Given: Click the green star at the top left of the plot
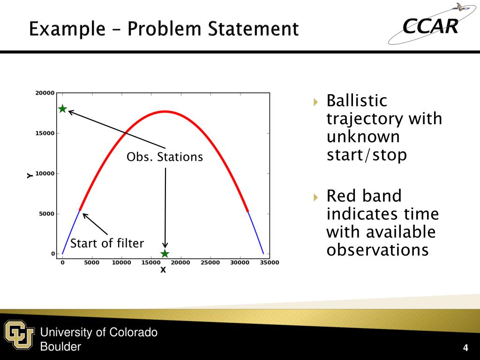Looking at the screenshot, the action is [62, 109].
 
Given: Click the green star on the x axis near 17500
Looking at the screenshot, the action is [165, 254].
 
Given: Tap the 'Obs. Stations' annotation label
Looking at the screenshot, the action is [165, 157].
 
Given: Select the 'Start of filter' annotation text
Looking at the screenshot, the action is [107, 243].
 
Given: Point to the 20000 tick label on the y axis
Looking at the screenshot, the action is [45, 93].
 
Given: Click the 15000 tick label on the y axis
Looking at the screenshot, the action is [45, 133].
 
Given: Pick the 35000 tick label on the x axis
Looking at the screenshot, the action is [270, 262].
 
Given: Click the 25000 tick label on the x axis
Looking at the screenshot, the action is [210, 262].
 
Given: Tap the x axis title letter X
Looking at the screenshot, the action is [163, 270].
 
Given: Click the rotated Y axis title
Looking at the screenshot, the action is [30, 175].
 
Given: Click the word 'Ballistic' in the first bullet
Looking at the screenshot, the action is [357, 100].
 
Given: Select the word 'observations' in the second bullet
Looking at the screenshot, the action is [377, 250].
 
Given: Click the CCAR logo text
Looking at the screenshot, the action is [430, 26].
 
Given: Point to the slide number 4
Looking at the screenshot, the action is [465, 348].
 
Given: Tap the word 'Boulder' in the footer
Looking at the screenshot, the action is [60, 346].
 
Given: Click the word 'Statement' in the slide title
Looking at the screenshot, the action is [253, 29].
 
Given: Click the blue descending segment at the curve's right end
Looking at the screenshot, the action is [255, 232].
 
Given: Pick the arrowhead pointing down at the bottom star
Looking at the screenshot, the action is [165, 245].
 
